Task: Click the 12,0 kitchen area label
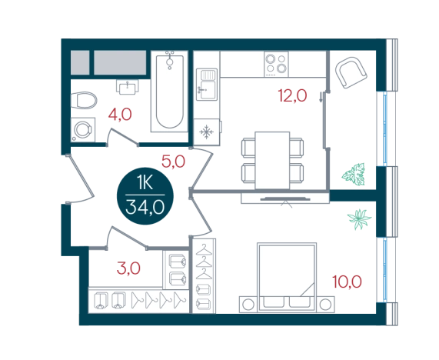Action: [x=292, y=95]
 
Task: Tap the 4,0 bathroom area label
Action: [x=120, y=115]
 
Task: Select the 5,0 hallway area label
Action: [x=173, y=162]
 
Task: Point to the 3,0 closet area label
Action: [x=128, y=268]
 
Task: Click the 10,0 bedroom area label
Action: [x=347, y=282]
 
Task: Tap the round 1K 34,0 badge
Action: [x=145, y=196]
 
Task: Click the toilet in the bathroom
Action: [x=84, y=100]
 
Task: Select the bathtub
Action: [x=169, y=92]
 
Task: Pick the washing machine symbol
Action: [x=83, y=130]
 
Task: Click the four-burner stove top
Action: [x=276, y=64]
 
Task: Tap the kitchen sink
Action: [x=207, y=85]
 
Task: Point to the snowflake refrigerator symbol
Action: [x=207, y=132]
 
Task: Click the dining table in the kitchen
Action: [x=272, y=160]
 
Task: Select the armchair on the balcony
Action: [x=351, y=72]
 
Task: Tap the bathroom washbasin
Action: [x=128, y=87]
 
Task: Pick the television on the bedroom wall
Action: [x=285, y=199]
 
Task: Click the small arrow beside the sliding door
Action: [x=321, y=98]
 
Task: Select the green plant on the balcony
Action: [x=354, y=175]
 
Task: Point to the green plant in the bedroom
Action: [x=359, y=218]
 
